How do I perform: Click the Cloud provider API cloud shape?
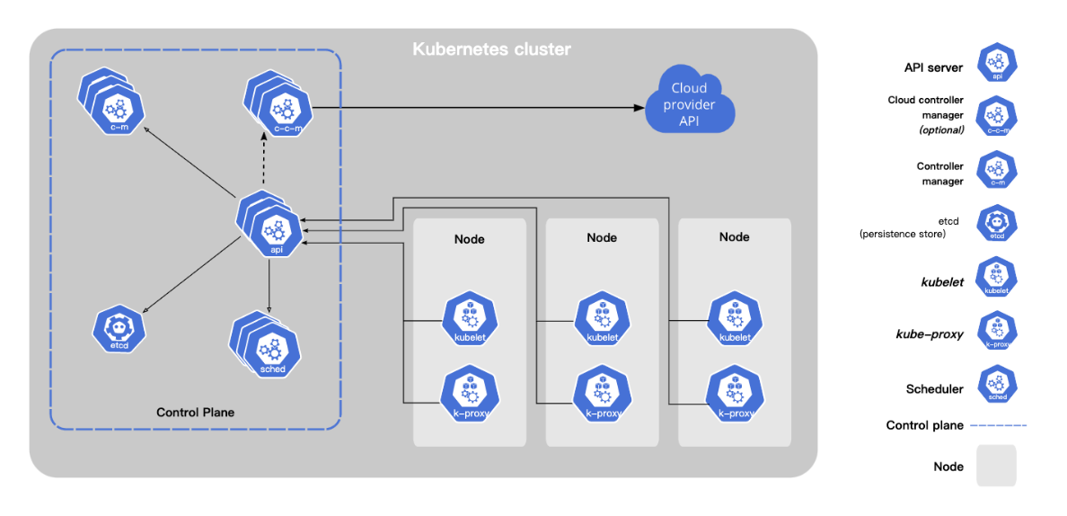690,103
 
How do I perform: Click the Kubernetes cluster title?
492,49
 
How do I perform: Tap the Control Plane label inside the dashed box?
196,412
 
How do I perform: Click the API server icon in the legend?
997,63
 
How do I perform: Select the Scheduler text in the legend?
934,389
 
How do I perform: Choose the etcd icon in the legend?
997,226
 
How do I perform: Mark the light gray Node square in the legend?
996,466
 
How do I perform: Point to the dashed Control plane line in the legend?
998,425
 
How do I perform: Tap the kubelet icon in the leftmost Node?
469,321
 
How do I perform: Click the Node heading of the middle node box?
602,237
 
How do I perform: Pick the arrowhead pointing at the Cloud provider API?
639,108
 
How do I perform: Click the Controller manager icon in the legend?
997,171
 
